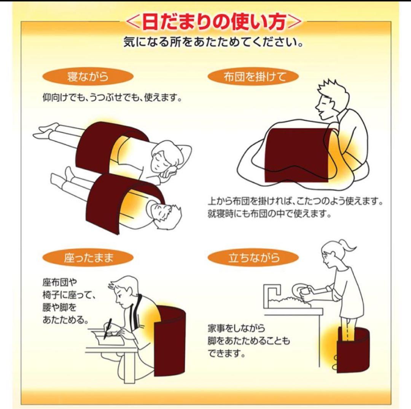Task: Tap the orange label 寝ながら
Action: coord(88,77)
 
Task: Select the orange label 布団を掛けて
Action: coord(253,77)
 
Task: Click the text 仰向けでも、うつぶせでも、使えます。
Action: coord(112,98)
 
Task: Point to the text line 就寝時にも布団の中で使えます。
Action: coord(269,214)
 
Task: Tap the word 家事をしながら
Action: coord(236,328)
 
